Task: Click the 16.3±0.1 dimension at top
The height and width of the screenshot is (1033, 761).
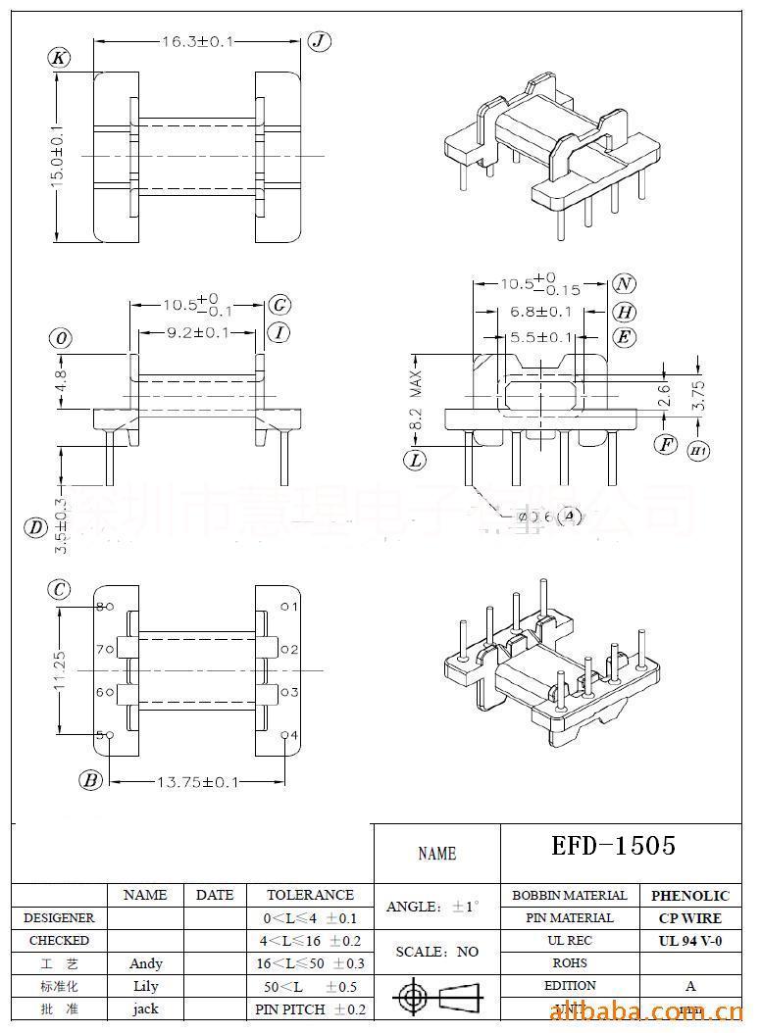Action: pos(197,41)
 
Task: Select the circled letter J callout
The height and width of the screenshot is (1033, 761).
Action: pos(320,40)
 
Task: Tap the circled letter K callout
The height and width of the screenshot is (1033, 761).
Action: pos(60,58)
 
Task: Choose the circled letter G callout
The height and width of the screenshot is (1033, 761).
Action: pos(279,304)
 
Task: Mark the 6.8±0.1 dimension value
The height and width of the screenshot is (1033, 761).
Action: pos(540,312)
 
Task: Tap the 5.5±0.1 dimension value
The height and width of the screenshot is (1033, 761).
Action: pos(540,337)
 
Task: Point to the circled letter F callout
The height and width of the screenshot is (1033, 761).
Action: pos(666,444)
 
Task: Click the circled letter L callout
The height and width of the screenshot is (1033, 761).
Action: pos(416,458)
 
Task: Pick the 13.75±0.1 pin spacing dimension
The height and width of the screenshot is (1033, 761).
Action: pos(197,781)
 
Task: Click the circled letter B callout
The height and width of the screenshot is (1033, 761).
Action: pos(91,780)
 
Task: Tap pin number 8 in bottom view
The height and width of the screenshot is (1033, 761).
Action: pos(99,607)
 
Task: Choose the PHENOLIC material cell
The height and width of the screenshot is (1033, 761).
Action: pos(690,896)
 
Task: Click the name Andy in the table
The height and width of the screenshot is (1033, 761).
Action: pos(146,963)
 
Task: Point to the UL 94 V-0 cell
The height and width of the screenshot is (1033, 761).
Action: pos(690,941)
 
